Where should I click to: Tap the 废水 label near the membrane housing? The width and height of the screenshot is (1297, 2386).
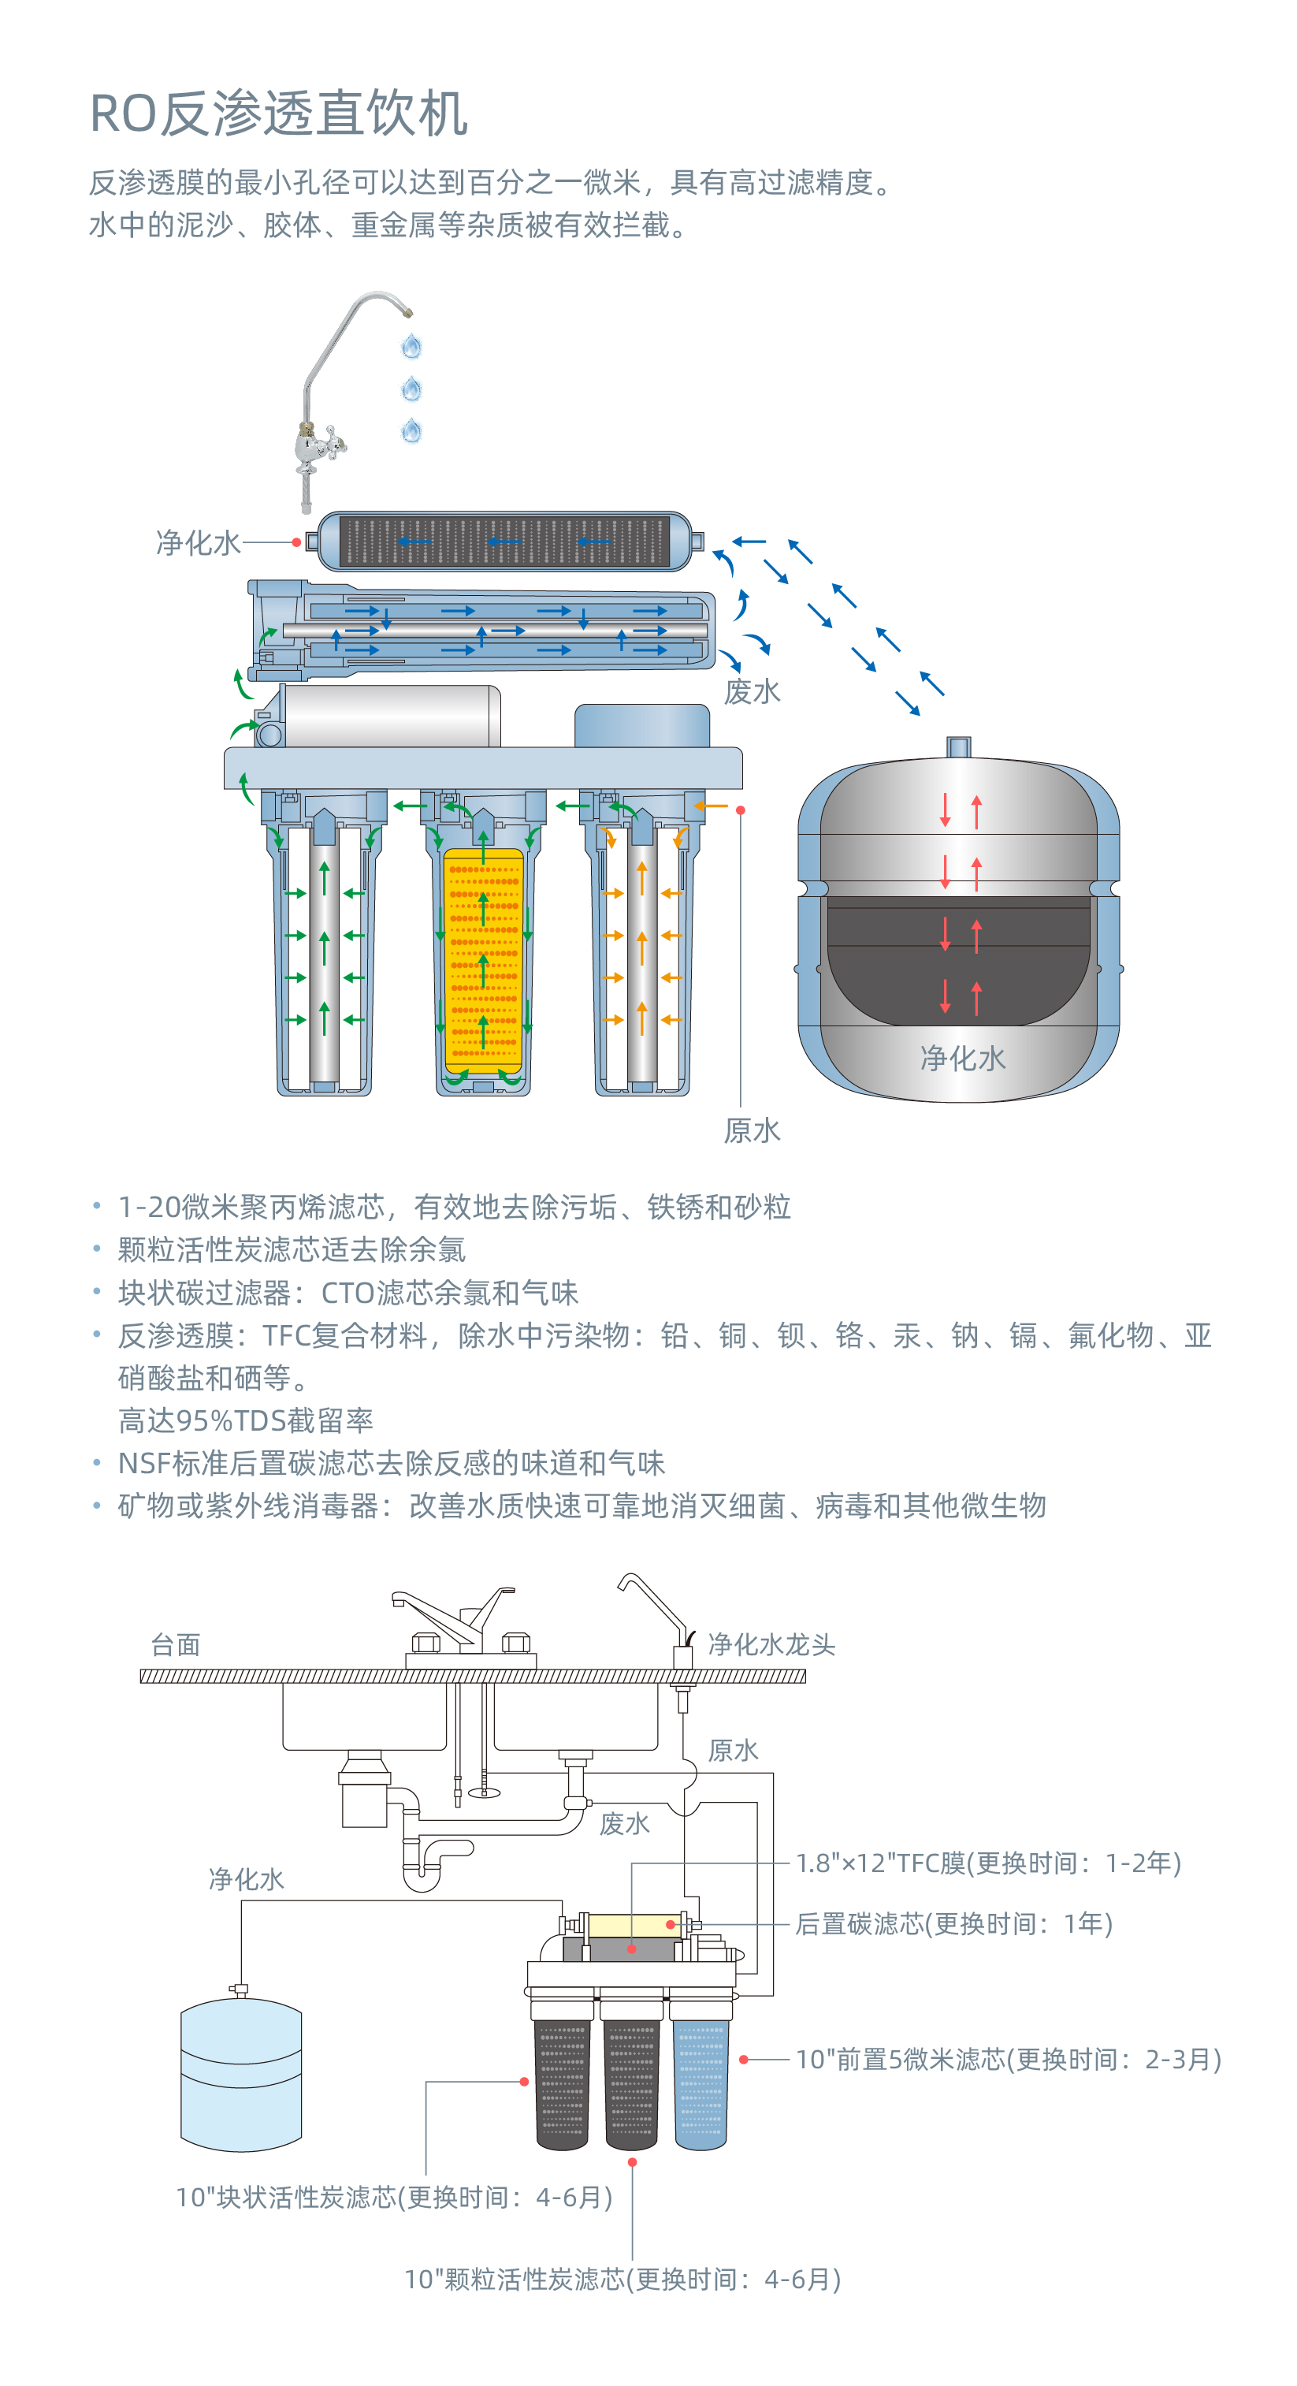point(752,691)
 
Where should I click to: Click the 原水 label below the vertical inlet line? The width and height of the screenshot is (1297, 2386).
point(752,1130)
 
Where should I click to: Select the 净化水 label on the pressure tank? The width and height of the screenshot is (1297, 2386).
point(962,1058)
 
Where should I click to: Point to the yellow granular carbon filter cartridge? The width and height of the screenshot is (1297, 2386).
point(482,958)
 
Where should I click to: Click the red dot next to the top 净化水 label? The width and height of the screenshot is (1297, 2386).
point(296,542)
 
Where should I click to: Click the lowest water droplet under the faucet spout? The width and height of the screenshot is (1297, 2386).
point(412,430)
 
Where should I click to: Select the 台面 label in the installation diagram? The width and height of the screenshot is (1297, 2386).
point(175,1644)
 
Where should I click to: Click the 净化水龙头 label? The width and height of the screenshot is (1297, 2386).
point(771,1644)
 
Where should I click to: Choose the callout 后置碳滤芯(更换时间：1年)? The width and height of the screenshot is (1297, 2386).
point(953,1924)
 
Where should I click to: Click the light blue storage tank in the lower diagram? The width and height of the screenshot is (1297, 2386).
point(240,2075)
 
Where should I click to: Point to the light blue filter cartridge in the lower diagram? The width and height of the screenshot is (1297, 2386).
point(701,2084)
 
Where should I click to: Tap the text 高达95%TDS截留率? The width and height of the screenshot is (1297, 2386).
point(245,1420)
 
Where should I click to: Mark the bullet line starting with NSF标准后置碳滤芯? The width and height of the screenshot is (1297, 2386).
point(391,1462)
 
